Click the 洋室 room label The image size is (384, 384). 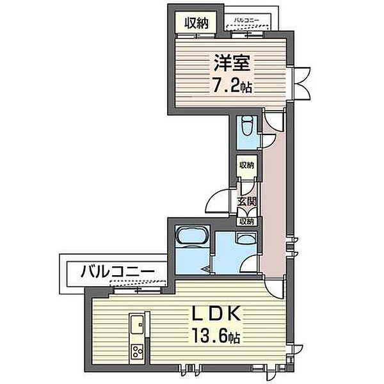coord(232,63)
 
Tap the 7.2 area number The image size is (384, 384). coord(225,85)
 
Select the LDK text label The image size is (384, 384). coord(215,314)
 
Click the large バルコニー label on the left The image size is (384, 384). coord(118,271)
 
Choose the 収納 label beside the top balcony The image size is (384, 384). coord(196,23)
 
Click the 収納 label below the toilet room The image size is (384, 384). coord(247,165)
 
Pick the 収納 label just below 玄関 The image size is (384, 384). coord(246,221)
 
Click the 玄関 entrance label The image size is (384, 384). coord(247,202)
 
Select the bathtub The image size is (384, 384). coord(193,235)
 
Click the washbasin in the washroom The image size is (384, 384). coord(246,238)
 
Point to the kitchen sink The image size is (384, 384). coord(137,324)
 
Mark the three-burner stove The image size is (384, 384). coord(137,351)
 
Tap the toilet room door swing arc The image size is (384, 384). coord(269,141)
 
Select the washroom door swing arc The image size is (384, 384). coord(249,264)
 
